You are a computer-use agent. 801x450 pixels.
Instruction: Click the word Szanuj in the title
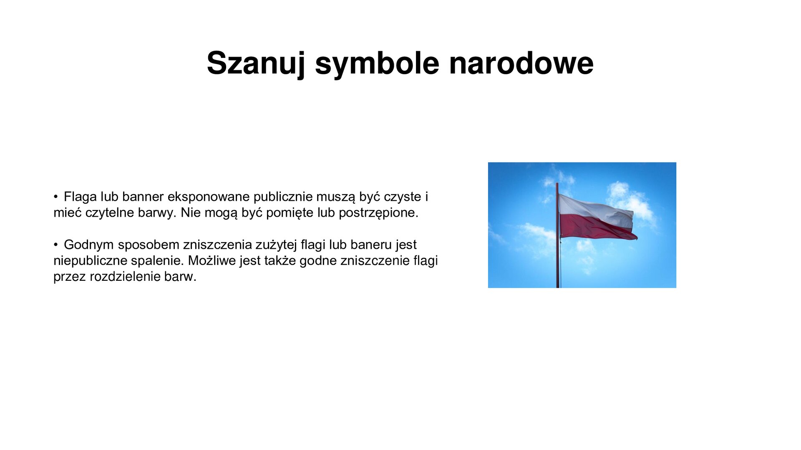(256, 63)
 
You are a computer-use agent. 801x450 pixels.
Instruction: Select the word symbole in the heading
(377, 63)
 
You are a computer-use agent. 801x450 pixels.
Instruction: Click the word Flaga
(80, 197)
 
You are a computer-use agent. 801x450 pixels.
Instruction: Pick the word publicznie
(283, 197)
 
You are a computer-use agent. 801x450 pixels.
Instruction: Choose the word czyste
(402, 197)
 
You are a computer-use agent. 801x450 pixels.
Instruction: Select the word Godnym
(89, 245)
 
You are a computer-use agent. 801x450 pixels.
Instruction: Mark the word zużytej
(276, 245)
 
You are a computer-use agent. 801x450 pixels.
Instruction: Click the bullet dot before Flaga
(55, 197)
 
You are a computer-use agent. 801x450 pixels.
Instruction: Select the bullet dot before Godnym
(55, 245)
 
